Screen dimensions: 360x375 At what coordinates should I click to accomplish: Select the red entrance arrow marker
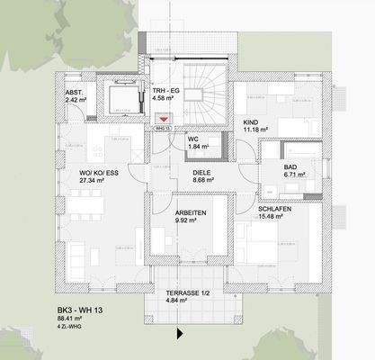point(163,118)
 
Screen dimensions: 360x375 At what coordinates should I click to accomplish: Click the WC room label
point(192,139)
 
